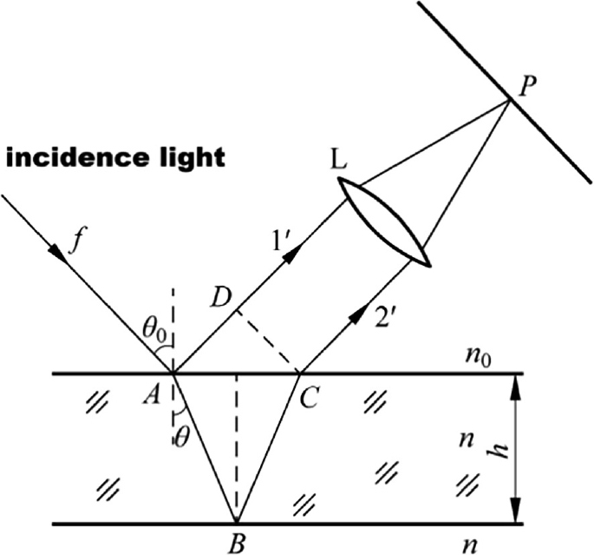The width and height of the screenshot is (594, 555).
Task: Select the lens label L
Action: (340, 163)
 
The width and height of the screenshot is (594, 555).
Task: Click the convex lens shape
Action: (385, 223)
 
